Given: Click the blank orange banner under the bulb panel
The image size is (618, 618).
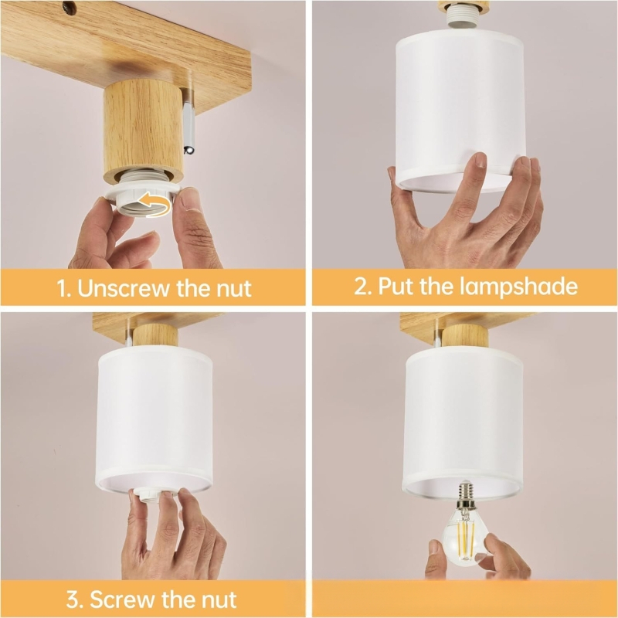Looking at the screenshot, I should click(x=463, y=599).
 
